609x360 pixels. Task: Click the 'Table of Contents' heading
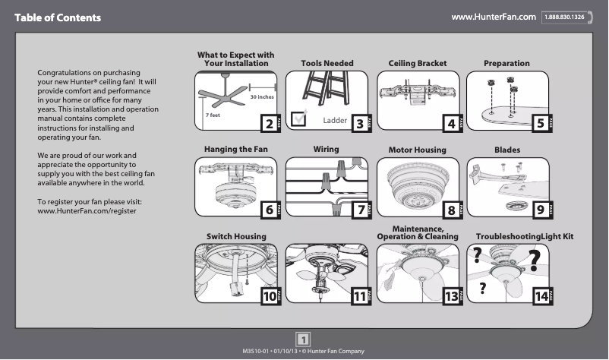click(57, 17)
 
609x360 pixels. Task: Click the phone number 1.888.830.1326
click(563, 17)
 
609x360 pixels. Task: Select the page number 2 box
click(267, 123)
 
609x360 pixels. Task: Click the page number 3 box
click(358, 123)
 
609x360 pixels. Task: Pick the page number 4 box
click(450, 123)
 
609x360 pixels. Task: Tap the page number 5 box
click(540, 123)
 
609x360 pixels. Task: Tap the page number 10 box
click(268, 297)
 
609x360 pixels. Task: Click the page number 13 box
click(451, 297)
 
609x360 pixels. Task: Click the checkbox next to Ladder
click(299, 117)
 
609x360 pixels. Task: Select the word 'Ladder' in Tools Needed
click(335, 121)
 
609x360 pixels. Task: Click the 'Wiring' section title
click(326, 150)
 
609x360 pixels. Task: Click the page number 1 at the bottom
click(303, 339)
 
